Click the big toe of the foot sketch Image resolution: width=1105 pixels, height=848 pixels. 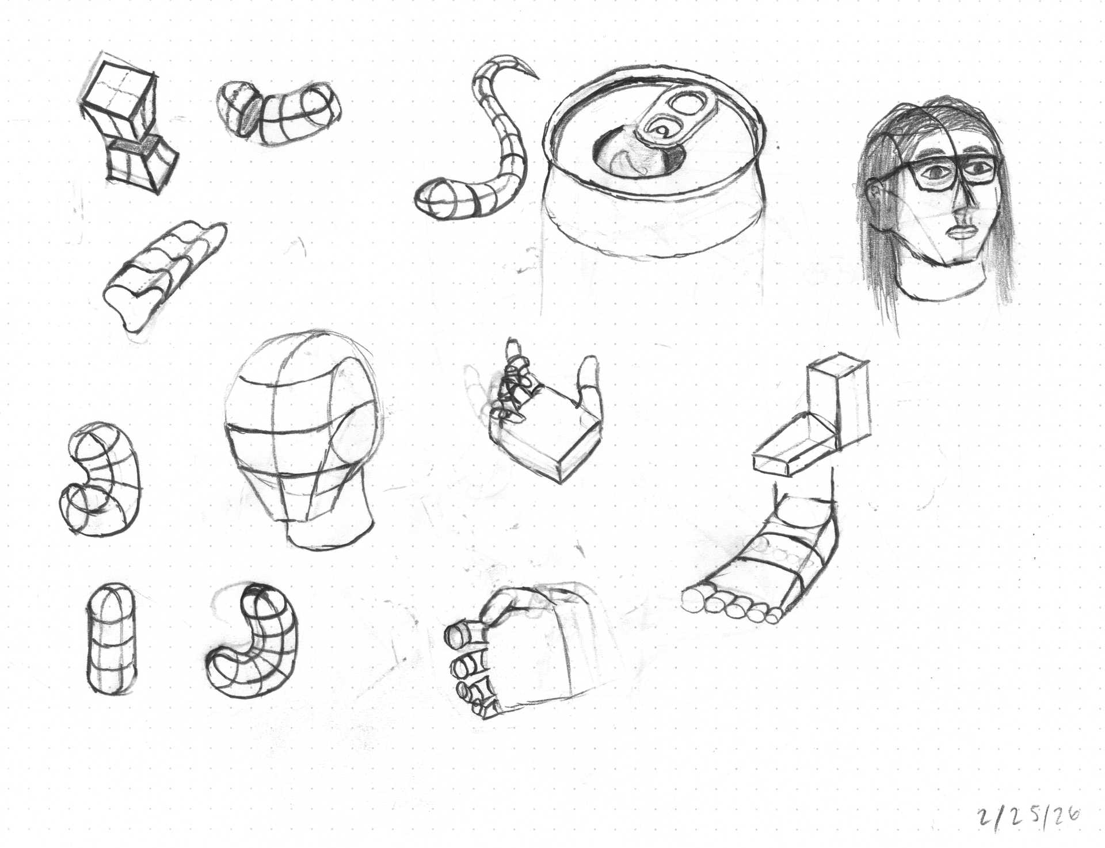[x=694, y=600]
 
